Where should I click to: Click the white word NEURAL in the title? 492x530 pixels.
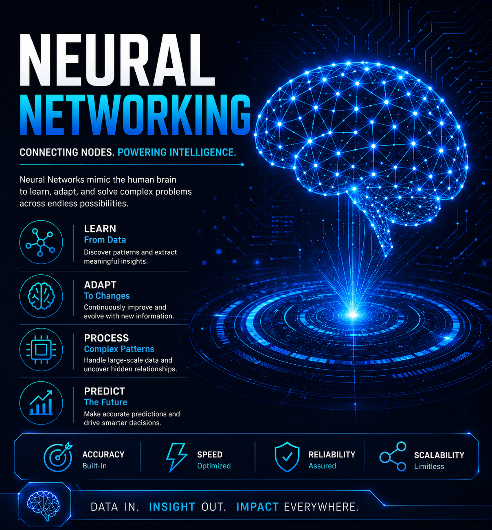(x=117, y=60)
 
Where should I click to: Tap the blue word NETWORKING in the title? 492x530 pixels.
(x=135, y=115)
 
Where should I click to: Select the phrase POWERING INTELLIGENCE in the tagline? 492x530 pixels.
(x=177, y=152)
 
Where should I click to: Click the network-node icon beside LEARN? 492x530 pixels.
(x=41, y=242)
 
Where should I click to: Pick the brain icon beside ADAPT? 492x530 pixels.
(x=41, y=296)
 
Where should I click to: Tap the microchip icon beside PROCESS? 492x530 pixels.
(x=41, y=350)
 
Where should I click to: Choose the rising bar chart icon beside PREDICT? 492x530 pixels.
(x=41, y=403)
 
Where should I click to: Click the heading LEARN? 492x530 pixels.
(x=100, y=229)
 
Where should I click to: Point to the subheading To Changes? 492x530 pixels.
(x=107, y=296)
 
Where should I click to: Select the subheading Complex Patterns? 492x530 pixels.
(x=119, y=349)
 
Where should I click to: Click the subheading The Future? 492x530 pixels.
(x=105, y=402)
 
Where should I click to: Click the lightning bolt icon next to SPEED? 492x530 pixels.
(x=176, y=458)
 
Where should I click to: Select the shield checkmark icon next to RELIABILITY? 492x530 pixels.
(x=287, y=457)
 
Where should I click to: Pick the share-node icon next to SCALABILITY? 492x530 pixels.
(x=393, y=457)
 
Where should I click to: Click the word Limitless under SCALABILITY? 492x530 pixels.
(x=429, y=466)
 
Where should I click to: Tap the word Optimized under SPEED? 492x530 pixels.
(x=214, y=466)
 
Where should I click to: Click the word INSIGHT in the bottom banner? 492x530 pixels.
(x=172, y=507)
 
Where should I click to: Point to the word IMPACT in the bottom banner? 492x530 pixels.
(x=257, y=507)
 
